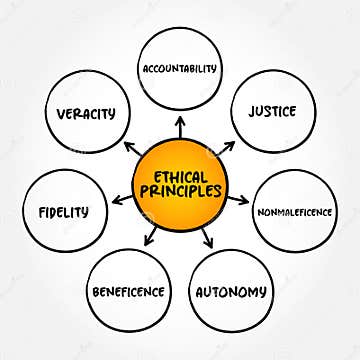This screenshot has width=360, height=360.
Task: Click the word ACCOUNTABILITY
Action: point(180,70)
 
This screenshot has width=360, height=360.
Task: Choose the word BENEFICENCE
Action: point(128,292)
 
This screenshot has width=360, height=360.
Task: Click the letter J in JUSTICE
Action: point(252,110)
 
